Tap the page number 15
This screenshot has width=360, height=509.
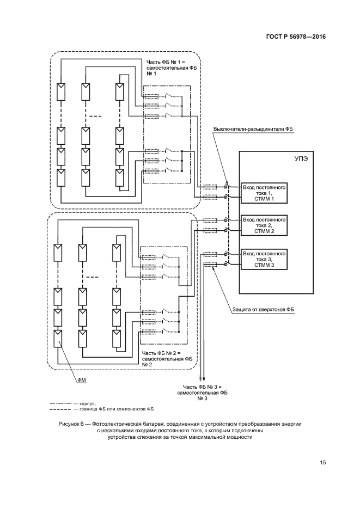coord(323,462)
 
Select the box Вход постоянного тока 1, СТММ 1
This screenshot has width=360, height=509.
coord(264,193)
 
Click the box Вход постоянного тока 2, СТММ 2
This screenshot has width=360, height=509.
coord(264,225)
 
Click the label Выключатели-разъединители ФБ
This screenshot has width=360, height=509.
coord(253,129)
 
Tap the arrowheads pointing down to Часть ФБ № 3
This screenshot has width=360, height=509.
coord(202,381)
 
